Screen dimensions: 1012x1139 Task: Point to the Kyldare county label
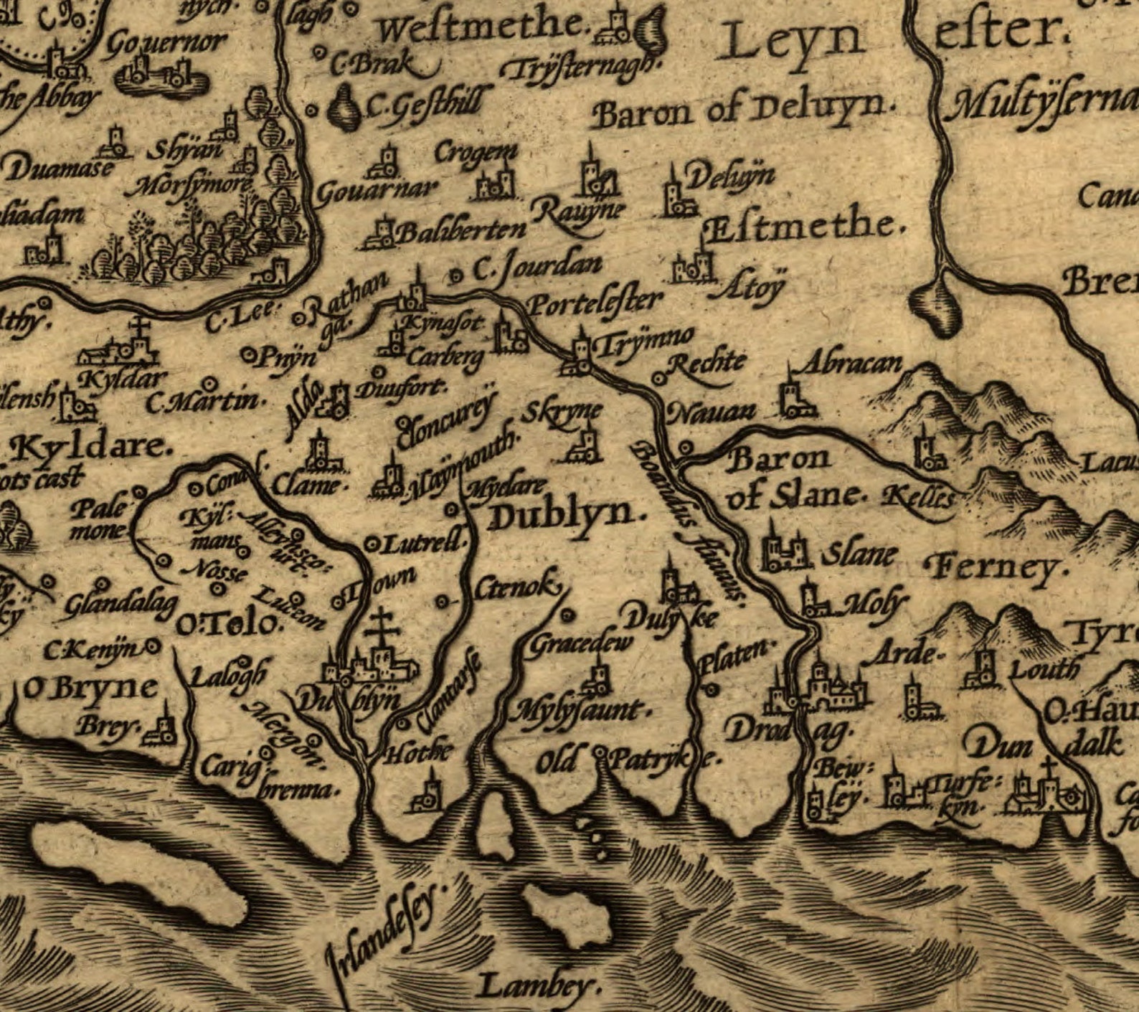[90, 448]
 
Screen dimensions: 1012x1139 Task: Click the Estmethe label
[803, 227]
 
